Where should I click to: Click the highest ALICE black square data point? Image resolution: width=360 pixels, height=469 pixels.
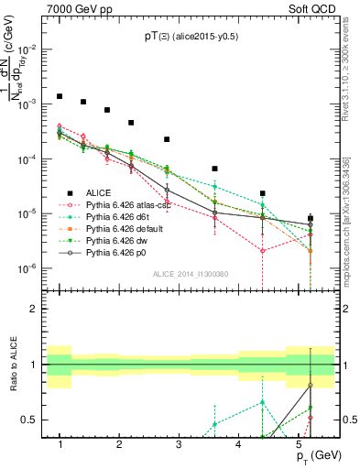coord(60,96)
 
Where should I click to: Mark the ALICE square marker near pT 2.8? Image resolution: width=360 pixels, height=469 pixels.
coord(167,139)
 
